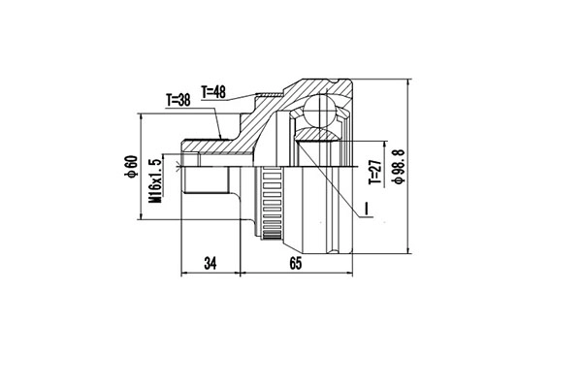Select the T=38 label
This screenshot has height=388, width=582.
[x=180, y=100]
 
